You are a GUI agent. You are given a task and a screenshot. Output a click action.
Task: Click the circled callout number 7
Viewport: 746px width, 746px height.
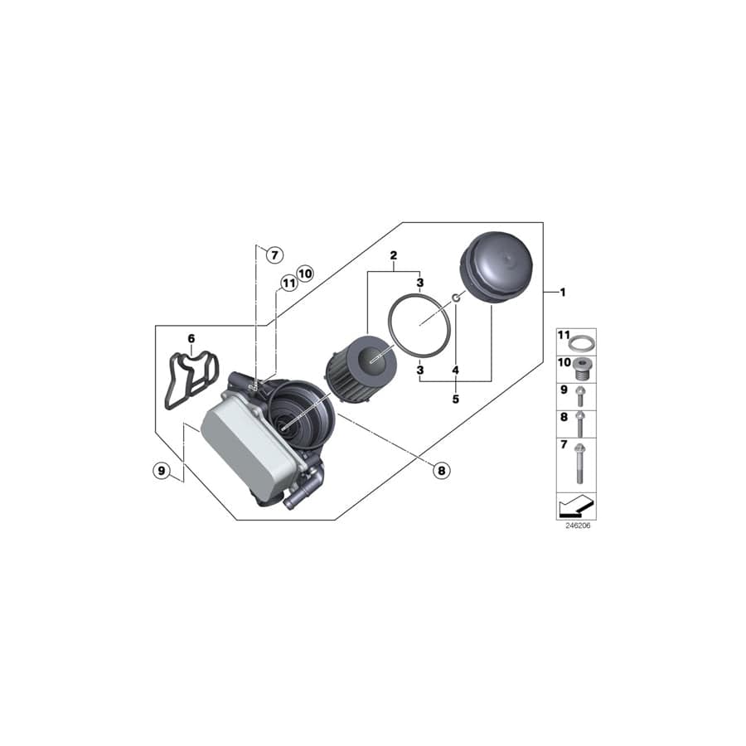(x=274, y=255)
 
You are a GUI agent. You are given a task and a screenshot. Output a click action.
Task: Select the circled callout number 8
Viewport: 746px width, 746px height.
(x=441, y=470)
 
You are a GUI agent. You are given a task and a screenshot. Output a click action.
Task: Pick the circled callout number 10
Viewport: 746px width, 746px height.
(x=304, y=273)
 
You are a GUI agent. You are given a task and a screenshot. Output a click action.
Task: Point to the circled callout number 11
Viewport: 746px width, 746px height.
(x=288, y=283)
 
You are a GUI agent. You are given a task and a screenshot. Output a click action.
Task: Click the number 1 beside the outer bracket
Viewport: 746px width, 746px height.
(x=562, y=292)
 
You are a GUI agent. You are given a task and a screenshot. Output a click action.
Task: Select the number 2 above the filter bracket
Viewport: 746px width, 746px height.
(x=394, y=254)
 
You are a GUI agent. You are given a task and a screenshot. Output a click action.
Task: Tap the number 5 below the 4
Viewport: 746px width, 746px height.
(x=455, y=399)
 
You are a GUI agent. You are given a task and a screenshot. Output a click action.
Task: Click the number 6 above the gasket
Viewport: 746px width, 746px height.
(x=191, y=338)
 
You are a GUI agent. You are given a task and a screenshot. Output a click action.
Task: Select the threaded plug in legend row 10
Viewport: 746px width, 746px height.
(x=584, y=366)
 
